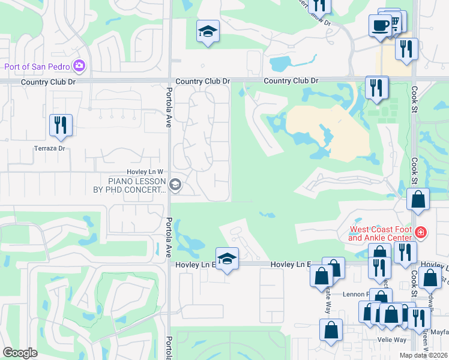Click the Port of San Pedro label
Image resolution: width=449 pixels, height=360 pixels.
click(37, 66)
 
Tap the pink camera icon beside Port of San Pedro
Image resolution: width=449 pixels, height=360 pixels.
click(79, 65)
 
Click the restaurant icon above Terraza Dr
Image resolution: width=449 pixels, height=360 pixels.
click(61, 125)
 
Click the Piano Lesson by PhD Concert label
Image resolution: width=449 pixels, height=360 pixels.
click(137, 185)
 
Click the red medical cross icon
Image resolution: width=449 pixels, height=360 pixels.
click(421, 232)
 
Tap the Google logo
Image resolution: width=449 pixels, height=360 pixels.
click(20, 353)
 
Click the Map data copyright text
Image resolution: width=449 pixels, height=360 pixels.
click(424, 355)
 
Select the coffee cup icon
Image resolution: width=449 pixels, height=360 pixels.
click(379, 26)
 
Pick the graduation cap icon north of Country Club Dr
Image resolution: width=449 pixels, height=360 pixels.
click(208, 31)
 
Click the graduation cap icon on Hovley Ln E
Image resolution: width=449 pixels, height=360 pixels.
click(227, 259)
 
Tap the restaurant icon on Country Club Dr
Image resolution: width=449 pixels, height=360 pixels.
click(377, 87)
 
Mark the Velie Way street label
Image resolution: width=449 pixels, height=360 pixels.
click(391, 340)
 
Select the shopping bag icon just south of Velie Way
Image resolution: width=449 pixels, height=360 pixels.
click(331, 331)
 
